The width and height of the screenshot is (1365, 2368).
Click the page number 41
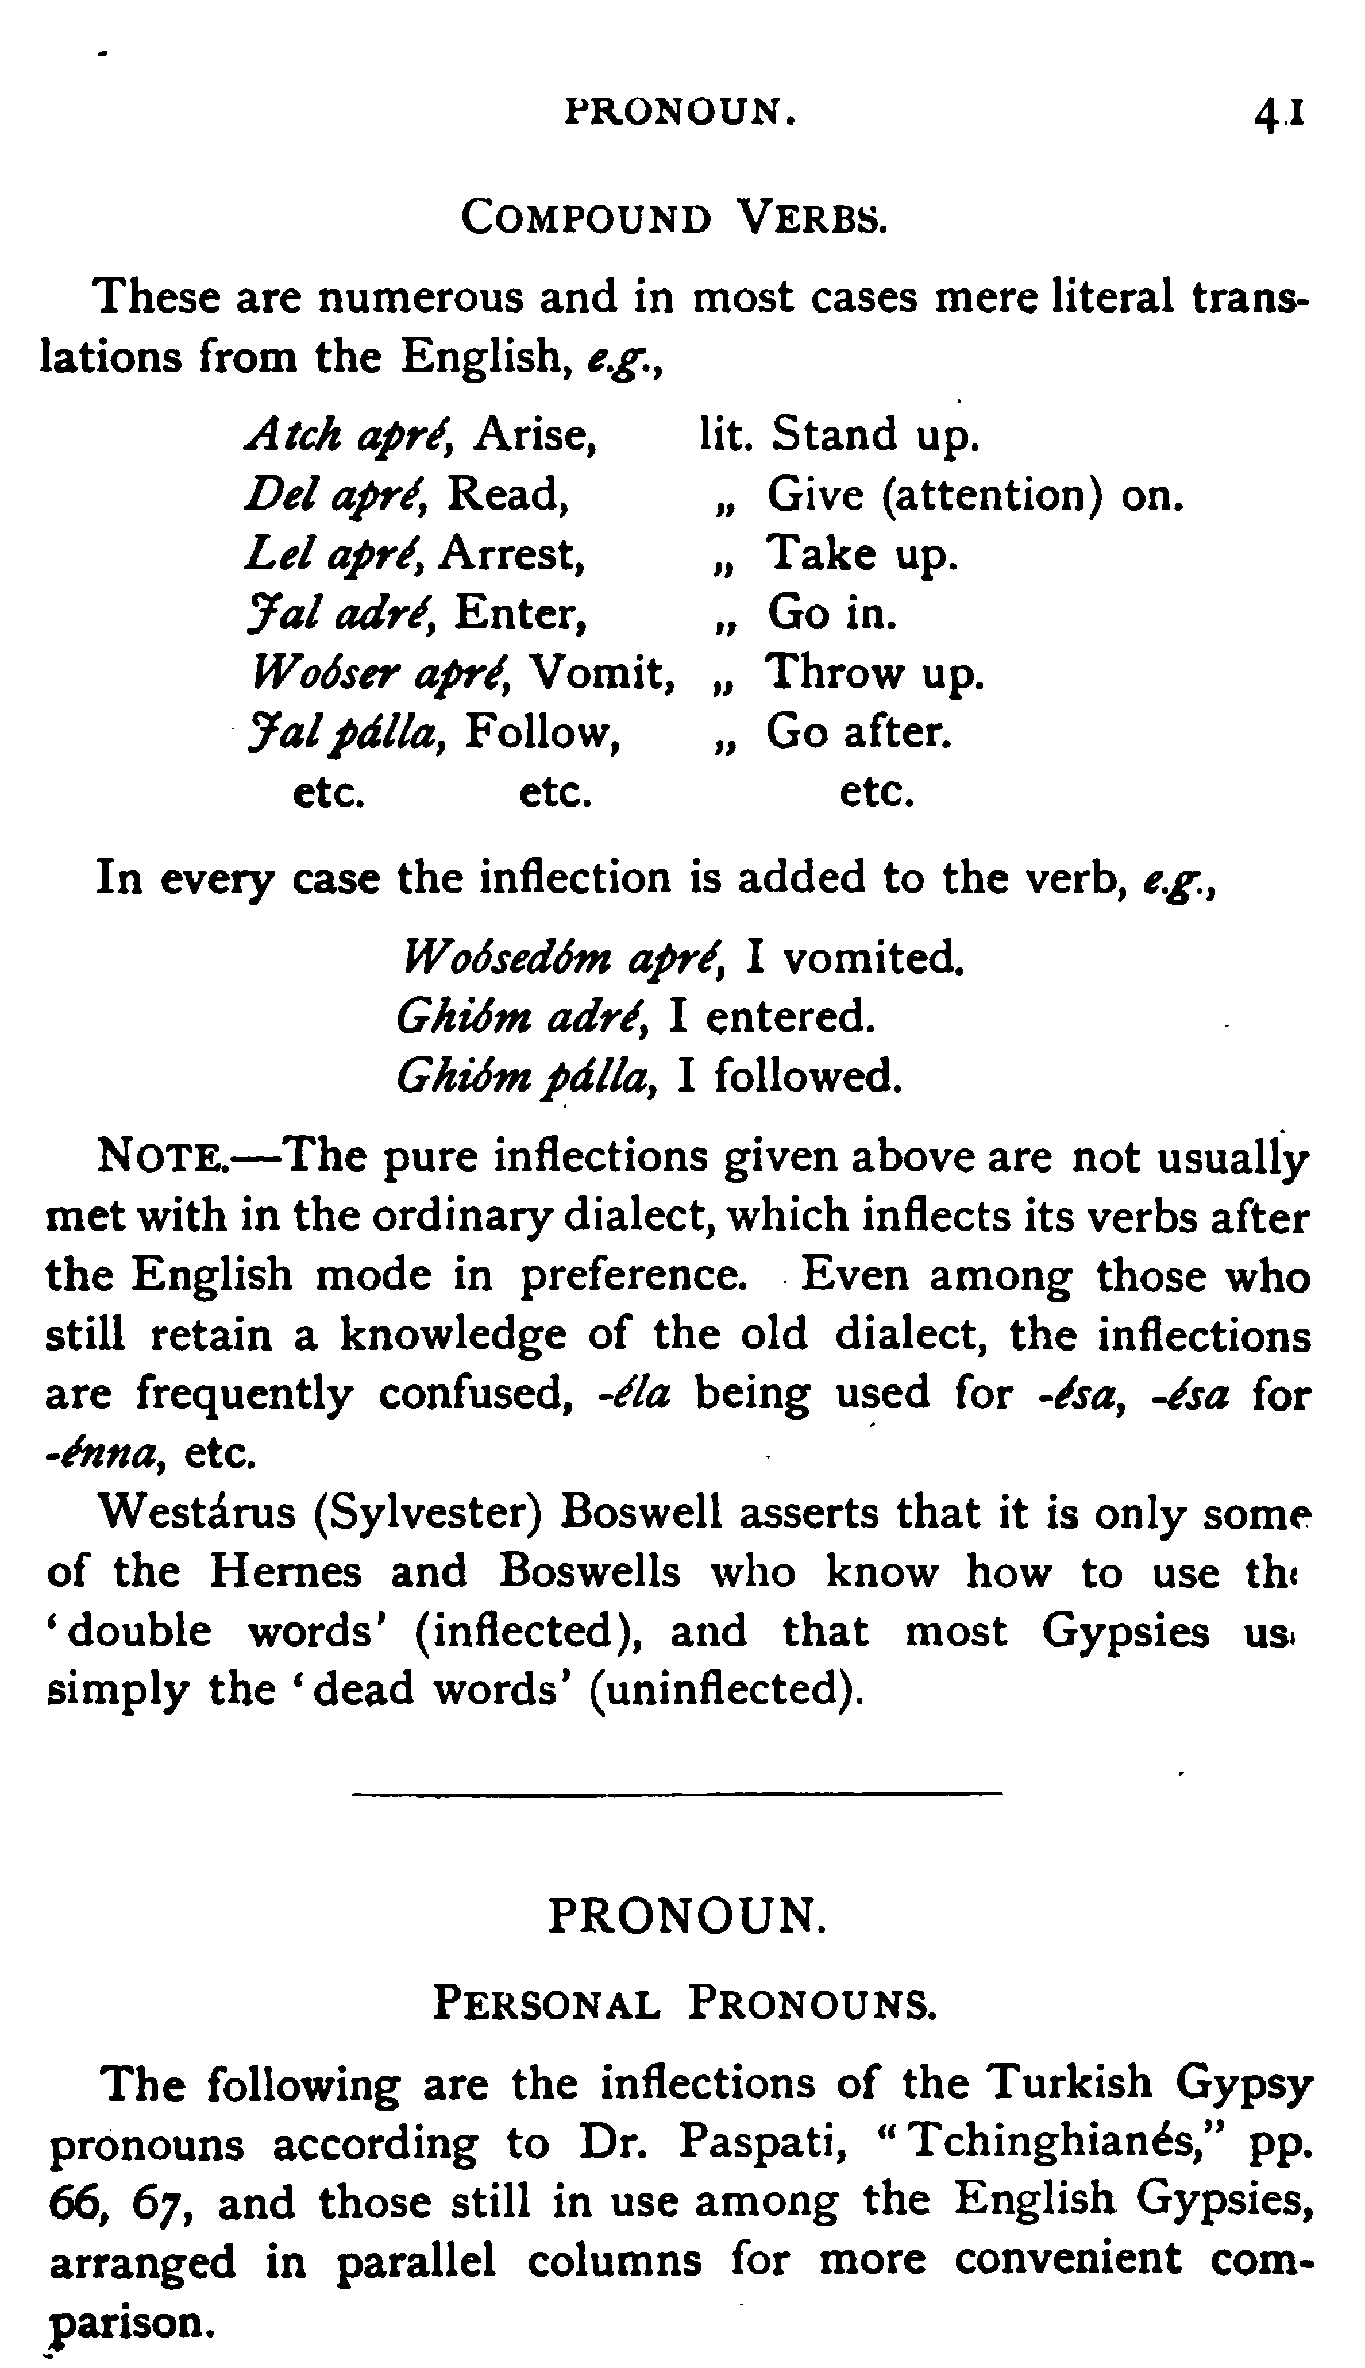[1281, 114]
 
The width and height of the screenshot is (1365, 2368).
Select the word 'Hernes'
[284, 1572]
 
